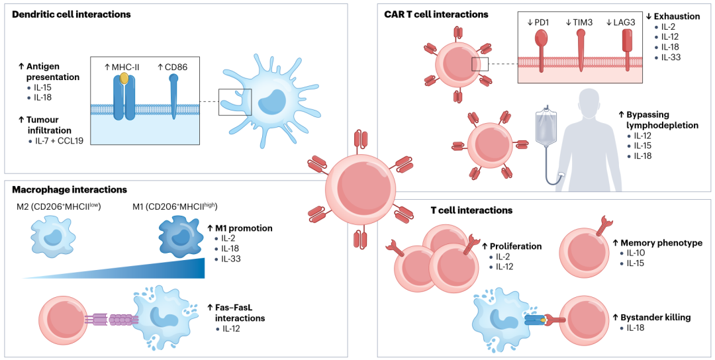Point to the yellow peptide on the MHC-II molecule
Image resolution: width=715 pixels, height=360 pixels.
pyautogui.click(x=124, y=78)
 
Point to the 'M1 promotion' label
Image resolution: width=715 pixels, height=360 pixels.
pyautogui.click(x=244, y=228)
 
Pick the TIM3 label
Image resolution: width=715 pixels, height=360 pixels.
pyautogui.click(x=581, y=22)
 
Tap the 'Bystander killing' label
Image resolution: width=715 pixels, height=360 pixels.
pyautogui.click(x=655, y=317)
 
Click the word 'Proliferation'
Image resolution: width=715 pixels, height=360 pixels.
pyautogui.click(x=518, y=246)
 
